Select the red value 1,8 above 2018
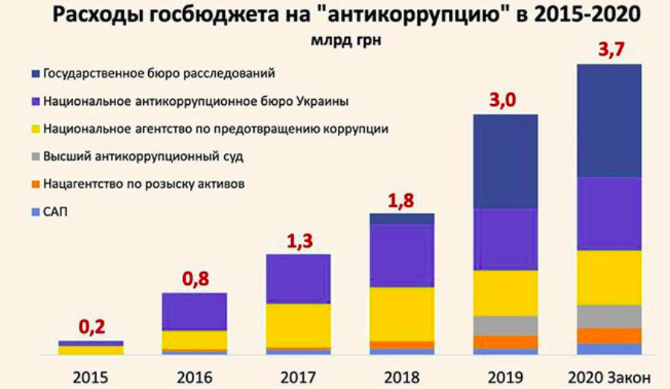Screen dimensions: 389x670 (x=402, y=200)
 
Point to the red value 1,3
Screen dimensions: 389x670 (x=298, y=240)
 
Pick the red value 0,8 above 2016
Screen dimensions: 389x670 (x=194, y=279)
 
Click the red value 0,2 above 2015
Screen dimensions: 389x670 (x=90, y=327)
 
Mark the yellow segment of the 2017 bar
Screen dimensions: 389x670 (x=298, y=325)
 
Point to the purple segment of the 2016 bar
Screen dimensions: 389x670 (x=194, y=312)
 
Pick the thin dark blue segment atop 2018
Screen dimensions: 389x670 (x=402, y=219)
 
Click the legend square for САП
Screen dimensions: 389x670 (x=36, y=213)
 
